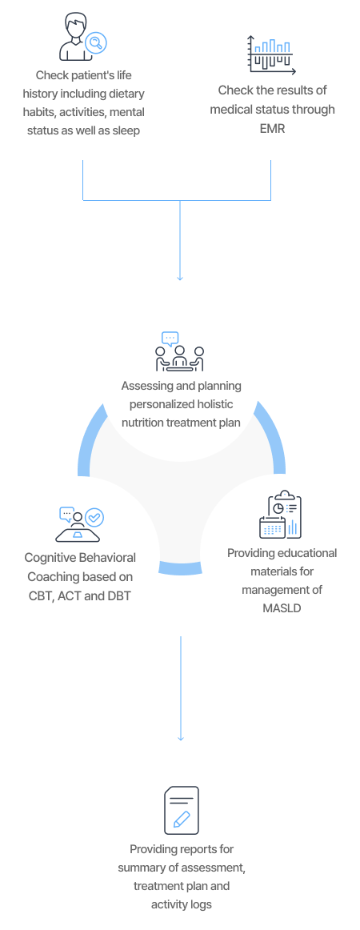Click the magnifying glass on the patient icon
95,42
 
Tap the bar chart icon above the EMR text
272,54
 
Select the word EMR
273,127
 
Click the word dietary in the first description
127,94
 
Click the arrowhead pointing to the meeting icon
180,278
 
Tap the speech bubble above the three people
170,339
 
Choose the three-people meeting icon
180,351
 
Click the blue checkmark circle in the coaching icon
94,517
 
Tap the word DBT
118,595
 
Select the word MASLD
282,608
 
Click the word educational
306,553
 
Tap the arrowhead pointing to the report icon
180,737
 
